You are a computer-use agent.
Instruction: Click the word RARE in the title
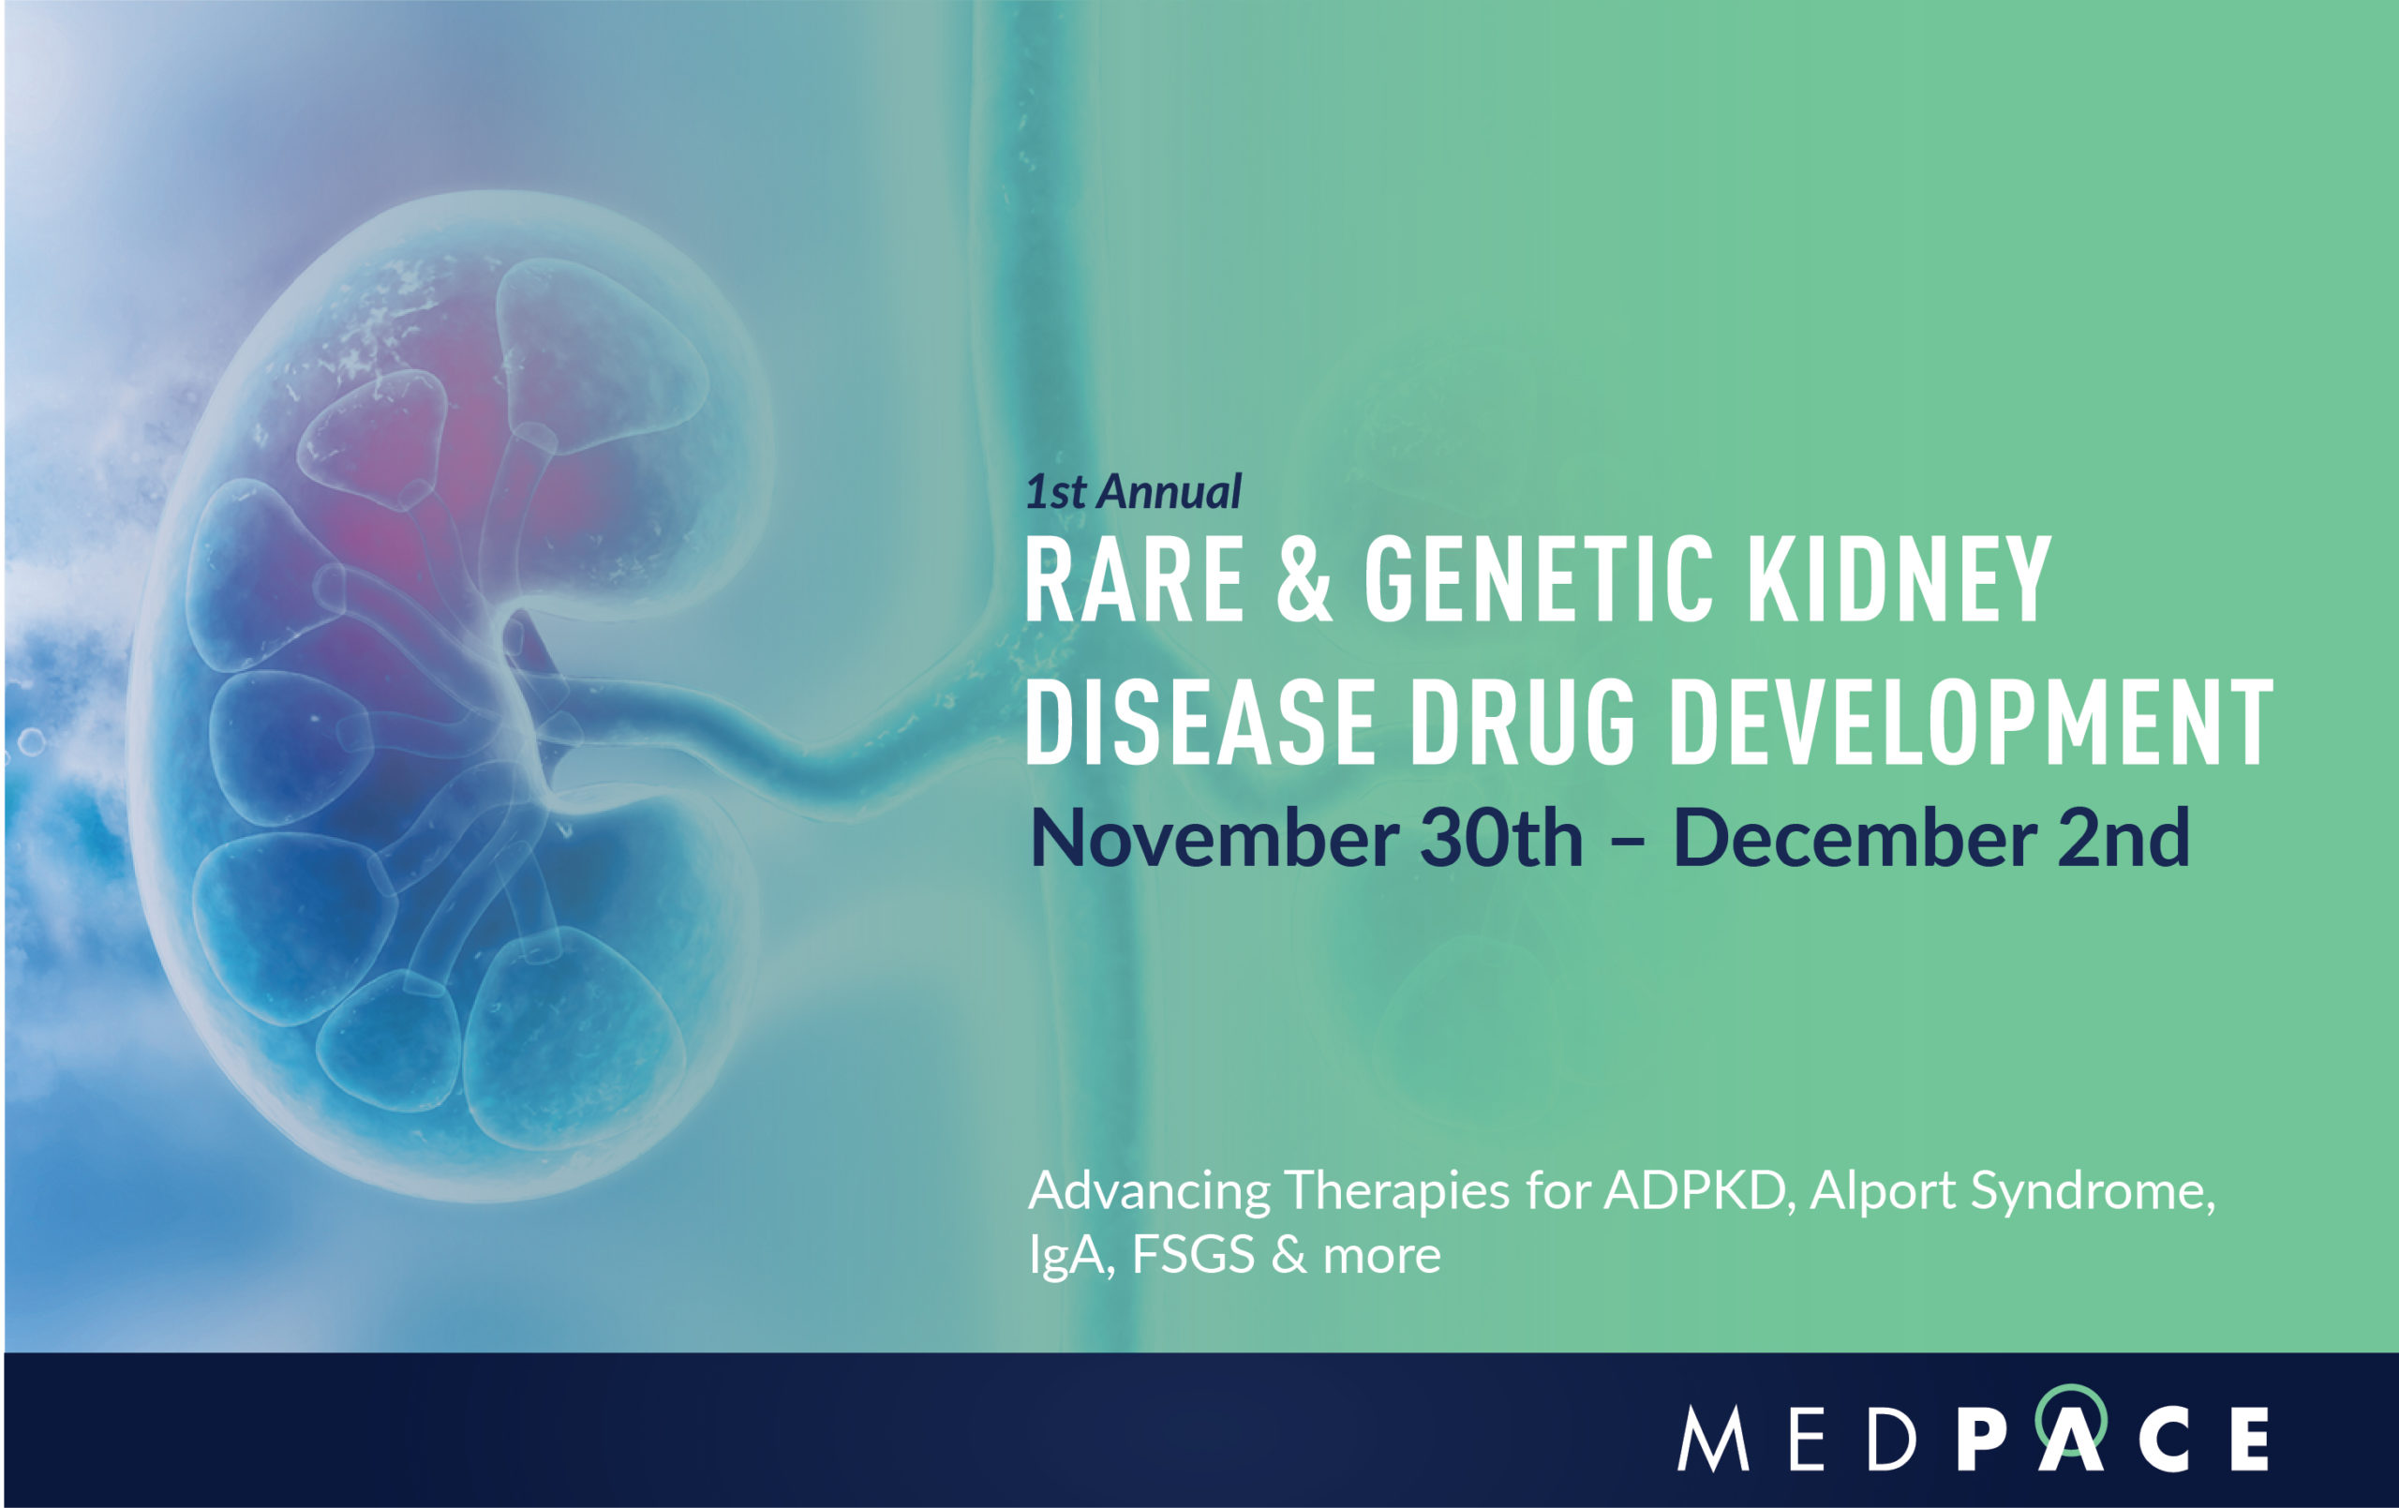tap(1134, 580)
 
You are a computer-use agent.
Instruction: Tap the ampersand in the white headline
tap(1304, 580)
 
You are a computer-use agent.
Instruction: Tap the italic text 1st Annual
tap(1134, 491)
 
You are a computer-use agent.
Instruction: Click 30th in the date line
tap(1501, 839)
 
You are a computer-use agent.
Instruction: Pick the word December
tap(1853, 839)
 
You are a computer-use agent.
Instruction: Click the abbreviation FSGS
tap(1193, 1256)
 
